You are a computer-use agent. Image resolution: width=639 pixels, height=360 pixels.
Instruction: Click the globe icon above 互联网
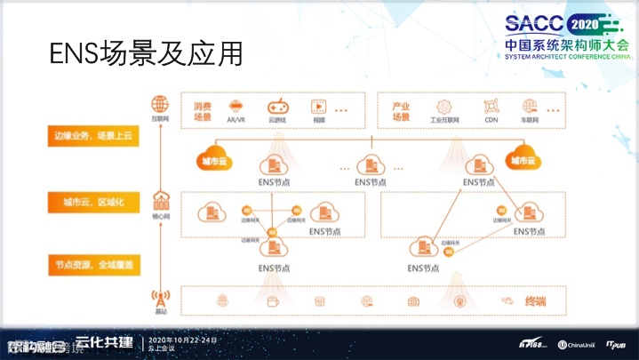click(x=160, y=104)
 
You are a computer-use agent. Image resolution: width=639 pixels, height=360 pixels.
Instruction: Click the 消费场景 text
click(x=203, y=111)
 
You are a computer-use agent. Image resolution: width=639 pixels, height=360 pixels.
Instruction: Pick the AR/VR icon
click(x=236, y=106)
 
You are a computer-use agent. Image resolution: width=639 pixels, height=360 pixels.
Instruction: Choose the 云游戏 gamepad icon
click(x=277, y=106)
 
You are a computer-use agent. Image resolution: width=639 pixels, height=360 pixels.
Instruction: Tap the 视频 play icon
click(x=317, y=106)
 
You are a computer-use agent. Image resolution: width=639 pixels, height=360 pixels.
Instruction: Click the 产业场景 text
click(x=401, y=111)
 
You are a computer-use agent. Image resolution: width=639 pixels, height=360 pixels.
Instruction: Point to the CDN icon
click(x=491, y=106)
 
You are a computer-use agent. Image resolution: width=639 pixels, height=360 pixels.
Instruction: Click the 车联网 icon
click(x=530, y=106)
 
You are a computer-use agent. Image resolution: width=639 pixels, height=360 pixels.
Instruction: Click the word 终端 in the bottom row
click(x=535, y=301)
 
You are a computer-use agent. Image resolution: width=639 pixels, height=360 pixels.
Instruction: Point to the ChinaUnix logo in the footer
click(x=579, y=344)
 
